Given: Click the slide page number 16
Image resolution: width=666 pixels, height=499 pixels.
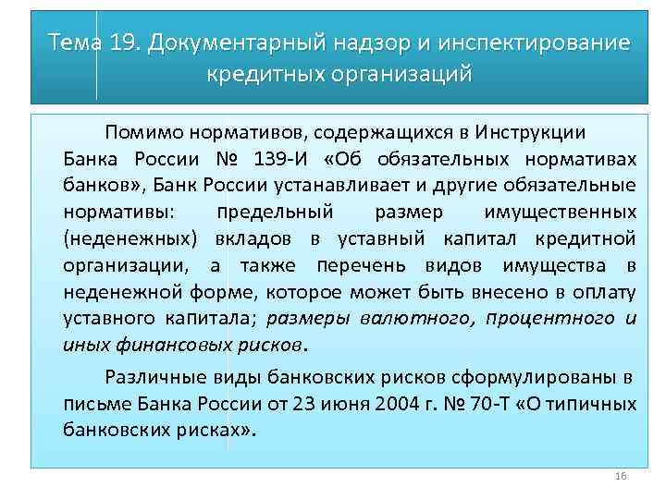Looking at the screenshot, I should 621,476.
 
